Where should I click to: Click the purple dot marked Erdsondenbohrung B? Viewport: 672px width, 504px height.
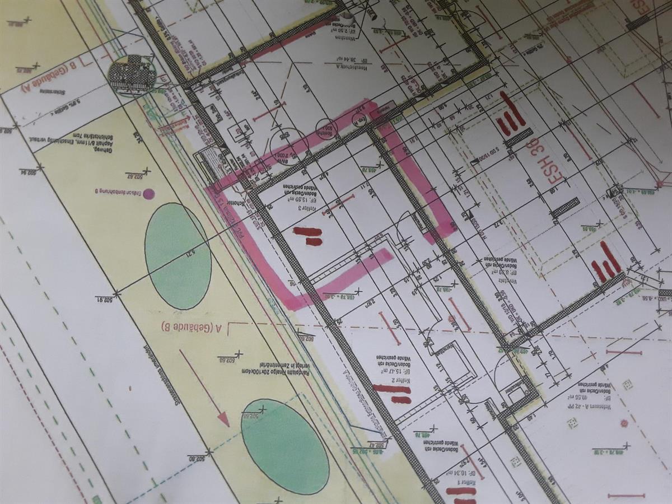[x=149, y=194]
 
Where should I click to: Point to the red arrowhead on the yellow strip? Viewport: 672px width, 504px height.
[x=223, y=419]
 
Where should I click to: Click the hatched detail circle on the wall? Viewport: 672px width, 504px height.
[x=132, y=75]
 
